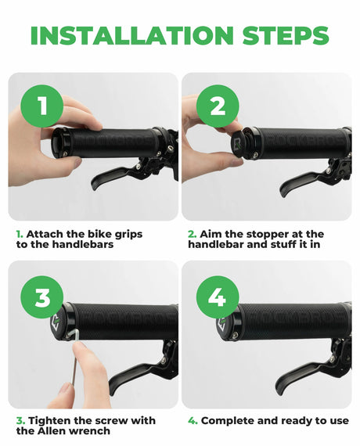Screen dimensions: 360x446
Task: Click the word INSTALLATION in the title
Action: [132, 35]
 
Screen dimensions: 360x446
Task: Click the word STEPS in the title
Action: [286, 35]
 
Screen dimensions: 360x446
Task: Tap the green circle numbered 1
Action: [42, 106]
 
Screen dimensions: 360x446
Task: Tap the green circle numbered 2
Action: [218, 106]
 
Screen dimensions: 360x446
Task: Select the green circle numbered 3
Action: [42, 297]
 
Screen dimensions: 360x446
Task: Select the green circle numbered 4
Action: [218, 297]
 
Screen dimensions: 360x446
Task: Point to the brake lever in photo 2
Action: [301, 182]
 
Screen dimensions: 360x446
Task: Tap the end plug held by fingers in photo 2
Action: [239, 144]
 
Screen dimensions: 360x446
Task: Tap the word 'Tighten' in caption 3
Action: [49, 421]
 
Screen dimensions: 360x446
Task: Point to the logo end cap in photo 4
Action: [224, 324]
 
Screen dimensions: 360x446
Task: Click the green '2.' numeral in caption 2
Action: [192, 235]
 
